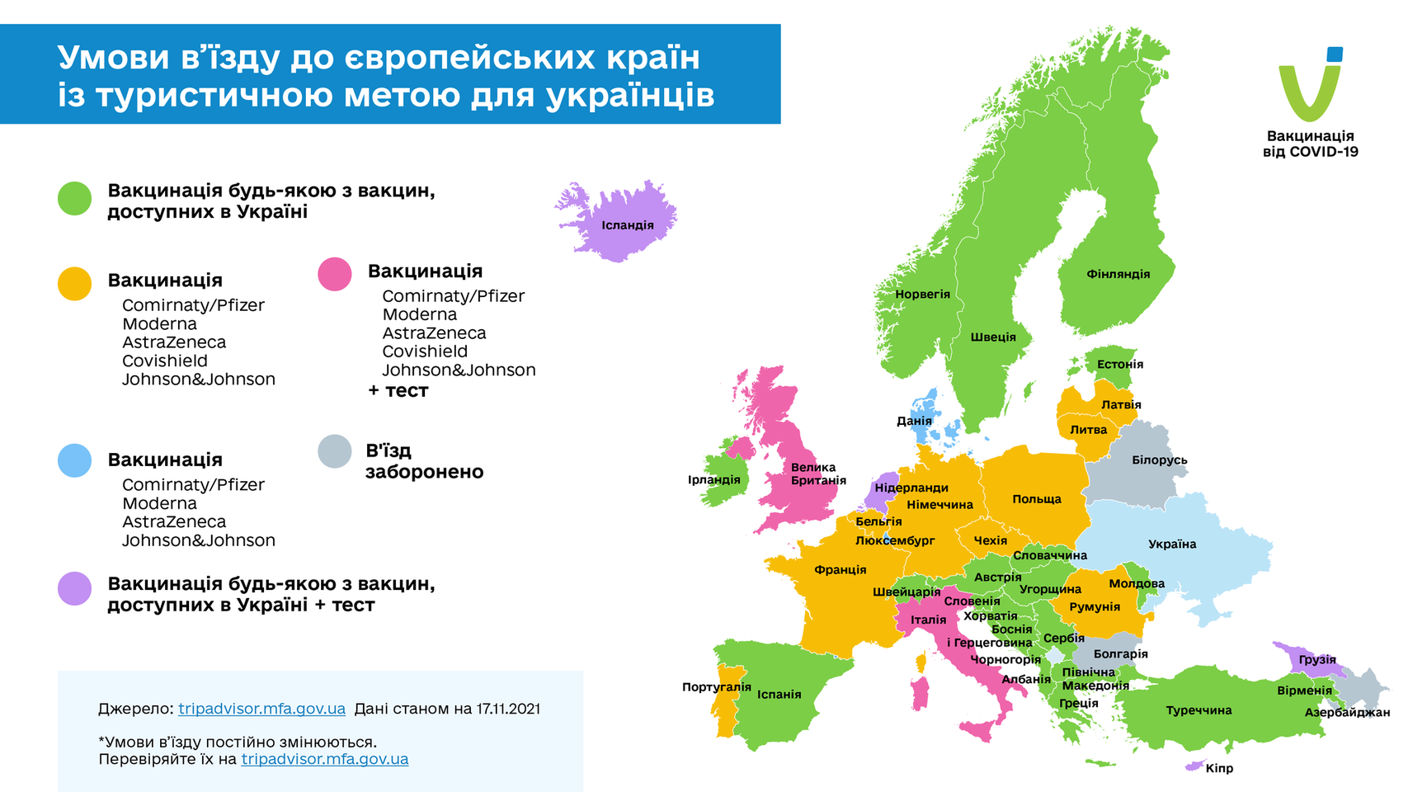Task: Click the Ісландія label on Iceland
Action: [x=627, y=225]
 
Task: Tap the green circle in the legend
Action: [x=74, y=199]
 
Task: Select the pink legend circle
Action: [x=335, y=274]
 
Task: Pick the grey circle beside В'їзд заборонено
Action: [x=335, y=451]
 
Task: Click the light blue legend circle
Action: [x=74, y=460]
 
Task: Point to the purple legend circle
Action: [x=74, y=589]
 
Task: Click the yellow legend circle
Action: [x=74, y=283]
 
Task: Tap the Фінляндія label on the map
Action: [x=1118, y=274]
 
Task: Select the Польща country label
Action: [x=1037, y=499]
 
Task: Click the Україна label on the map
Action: [x=1171, y=544]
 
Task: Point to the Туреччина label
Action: [x=1198, y=710]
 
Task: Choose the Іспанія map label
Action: [x=779, y=695]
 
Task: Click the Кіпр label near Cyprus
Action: [x=1219, y=768]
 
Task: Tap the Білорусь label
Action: [x=1159, y=460]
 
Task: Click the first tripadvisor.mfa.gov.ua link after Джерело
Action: [x=261, y=709]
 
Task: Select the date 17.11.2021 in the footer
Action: [x=508, y=709]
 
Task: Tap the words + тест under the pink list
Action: [x=398, y=391]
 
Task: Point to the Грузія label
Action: [x=1316, y=660]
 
